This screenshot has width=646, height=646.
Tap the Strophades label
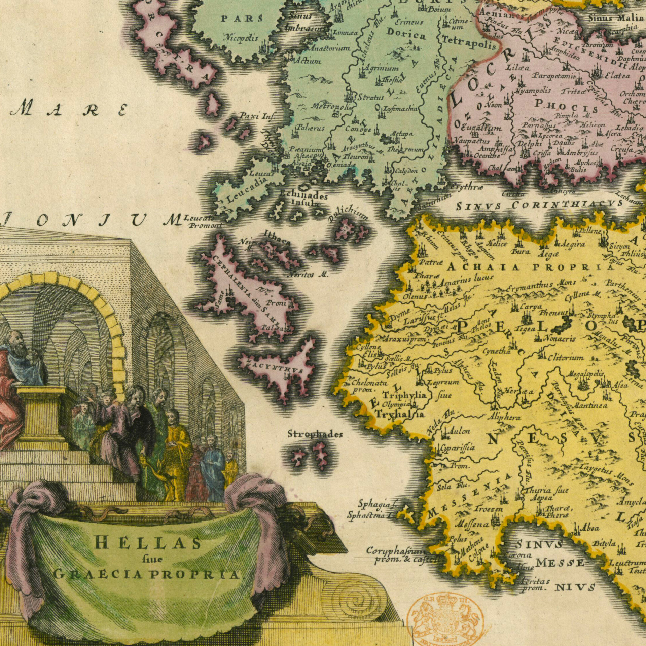[x=315, y=434]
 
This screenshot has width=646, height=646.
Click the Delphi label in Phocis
[x=529, y=144]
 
